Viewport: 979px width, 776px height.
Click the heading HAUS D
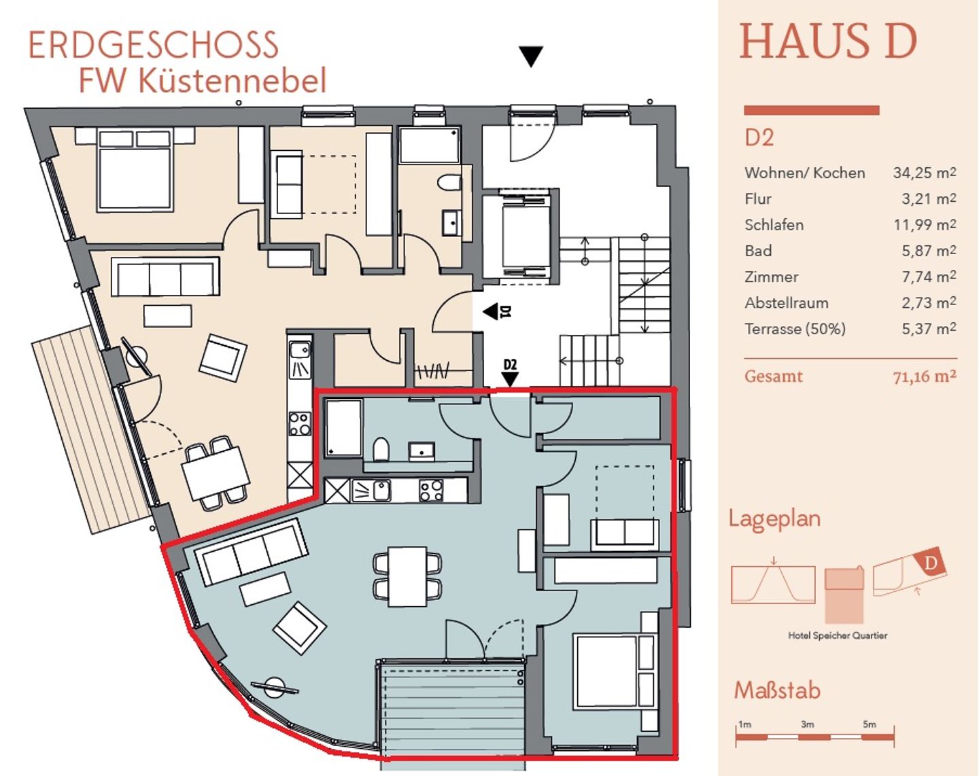tap(828, 41)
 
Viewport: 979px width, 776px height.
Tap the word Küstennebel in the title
tap(233, 80)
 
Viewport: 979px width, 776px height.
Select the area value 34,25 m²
tap(925, 173)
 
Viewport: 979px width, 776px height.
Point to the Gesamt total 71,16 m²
tap(925, 376)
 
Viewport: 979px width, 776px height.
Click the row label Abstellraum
tap(787, 303)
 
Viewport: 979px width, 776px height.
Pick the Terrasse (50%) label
tap(795, 329)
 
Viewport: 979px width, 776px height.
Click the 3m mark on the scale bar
tap(807, 724)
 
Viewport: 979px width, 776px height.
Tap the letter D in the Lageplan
tap(931, 563)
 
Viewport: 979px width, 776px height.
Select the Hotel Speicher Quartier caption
tap(838, 635)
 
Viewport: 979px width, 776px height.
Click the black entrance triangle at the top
tap(531, 56)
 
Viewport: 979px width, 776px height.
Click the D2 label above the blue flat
tap(511, 364)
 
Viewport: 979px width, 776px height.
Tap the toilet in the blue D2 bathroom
tap(381, 449)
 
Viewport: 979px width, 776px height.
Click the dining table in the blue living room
tap(408, 576)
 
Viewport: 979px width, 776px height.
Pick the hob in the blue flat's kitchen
tap(430, 491)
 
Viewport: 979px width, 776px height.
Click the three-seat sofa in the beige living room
tap(165, 277)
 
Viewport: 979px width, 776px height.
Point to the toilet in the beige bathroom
tap(449, 183)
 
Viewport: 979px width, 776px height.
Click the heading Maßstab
tap(778, 690)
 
